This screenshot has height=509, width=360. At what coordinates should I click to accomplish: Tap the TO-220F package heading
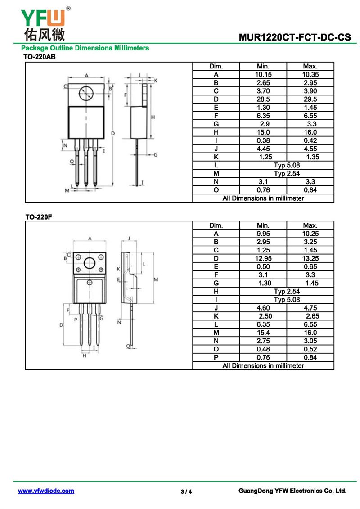pyautogui.click(x=39, y=217)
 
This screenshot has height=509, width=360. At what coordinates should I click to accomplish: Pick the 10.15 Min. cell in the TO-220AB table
pyautogui.click(x=263, y=74)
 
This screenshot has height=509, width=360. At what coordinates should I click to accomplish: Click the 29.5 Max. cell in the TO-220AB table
pyautogui.click(x=310, y=99)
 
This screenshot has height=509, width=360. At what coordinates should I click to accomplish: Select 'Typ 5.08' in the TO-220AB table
pyautogui.click(x=287, y=165)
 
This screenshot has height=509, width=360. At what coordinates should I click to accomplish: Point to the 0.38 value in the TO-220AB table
pyautogui.click(x=263, y=140)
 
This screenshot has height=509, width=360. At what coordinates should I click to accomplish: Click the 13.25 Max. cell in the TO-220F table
pyautogui.click(x=310, y=258)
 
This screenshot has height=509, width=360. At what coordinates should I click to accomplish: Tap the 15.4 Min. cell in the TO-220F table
pyautogui.click(x=263, y=333)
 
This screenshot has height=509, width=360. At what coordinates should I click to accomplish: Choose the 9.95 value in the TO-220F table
pyautogui.click(x=263, y=234)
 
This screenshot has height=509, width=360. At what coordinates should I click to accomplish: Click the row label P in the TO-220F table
pyautogui.click(x=216, y=357)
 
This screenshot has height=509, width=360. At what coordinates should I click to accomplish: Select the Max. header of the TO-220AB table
pyautogui.click(x=310, y=66)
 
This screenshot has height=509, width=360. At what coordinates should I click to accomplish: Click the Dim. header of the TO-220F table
pyautogui.click(x=216, y=225)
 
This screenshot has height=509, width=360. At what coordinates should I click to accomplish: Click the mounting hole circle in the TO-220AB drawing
pyautogui.click(x=86, y=94)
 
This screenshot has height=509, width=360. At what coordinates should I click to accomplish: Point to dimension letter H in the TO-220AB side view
pyautogui.click(x=153, y=117)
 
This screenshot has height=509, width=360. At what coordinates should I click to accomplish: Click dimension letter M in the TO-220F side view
pyautogui.click(x=156, y=279)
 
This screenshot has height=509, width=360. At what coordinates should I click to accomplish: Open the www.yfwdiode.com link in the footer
pyautogui.click(x=46, y=491)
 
